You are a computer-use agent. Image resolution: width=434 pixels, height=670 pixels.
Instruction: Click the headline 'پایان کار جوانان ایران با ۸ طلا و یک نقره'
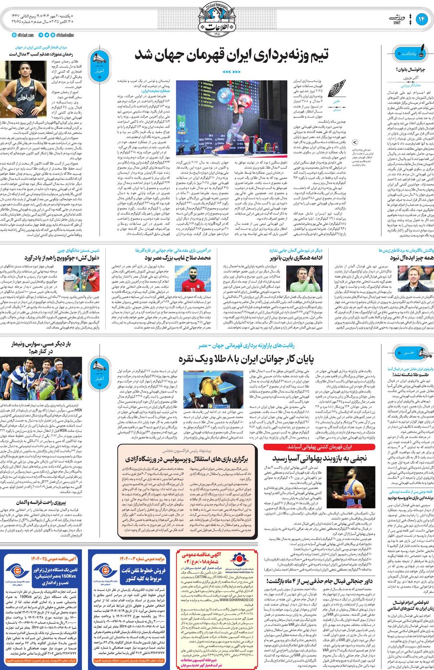[246, 359]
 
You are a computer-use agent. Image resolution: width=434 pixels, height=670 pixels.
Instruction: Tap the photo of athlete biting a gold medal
[203, 391]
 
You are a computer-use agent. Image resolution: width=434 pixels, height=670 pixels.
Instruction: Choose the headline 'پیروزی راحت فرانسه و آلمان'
[40, 503]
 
